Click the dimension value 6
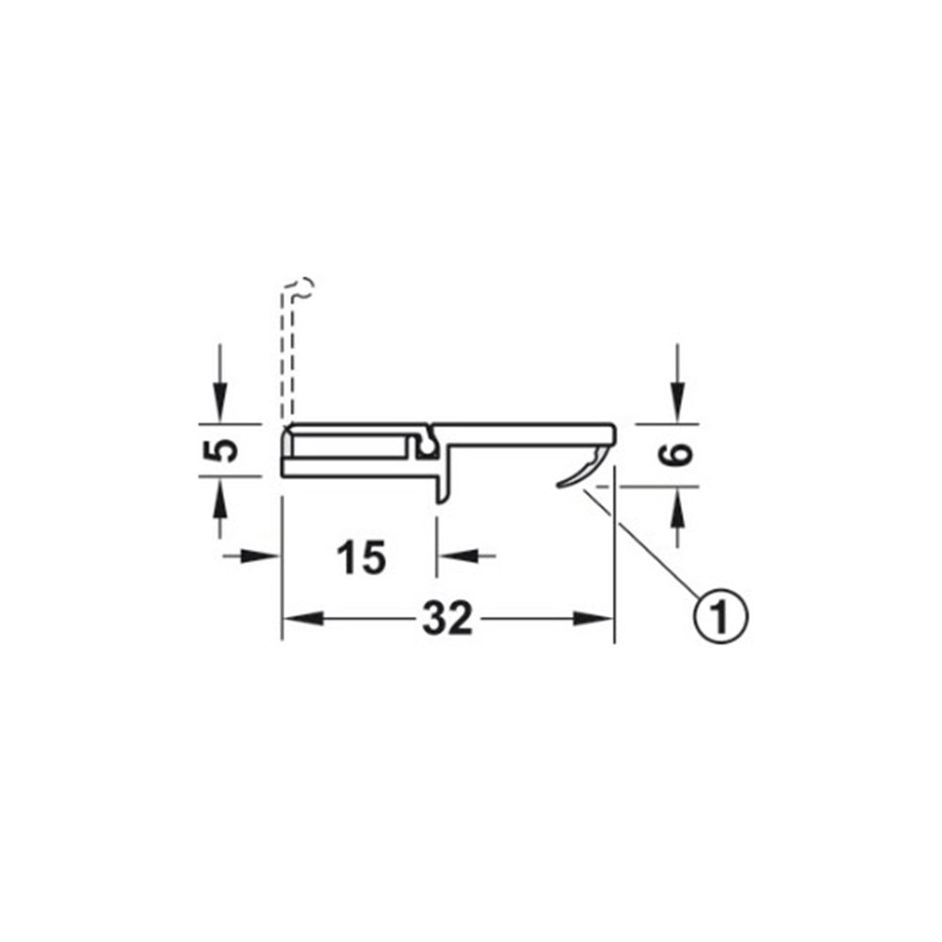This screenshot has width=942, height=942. point(675,454)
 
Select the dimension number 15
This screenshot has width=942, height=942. point(361,558)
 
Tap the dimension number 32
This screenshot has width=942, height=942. point(448,619)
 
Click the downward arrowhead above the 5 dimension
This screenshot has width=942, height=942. point(219,404)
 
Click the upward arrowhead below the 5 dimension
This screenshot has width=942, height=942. point(219,495)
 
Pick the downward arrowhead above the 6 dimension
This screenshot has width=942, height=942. point(678,404)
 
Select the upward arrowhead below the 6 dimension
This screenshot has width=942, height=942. point(678,505)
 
